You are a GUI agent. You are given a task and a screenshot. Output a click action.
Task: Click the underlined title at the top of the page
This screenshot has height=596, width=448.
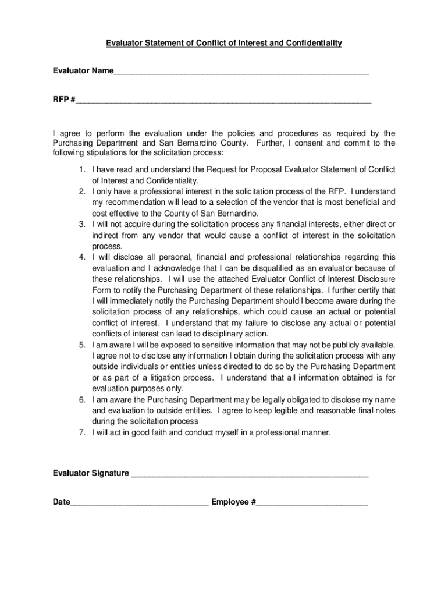click(x=223, y=43)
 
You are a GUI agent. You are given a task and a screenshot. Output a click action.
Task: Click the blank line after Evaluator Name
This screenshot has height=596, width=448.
click(x=241, y=73)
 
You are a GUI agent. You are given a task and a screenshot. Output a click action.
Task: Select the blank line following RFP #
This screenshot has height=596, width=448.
click(x=223, y=101)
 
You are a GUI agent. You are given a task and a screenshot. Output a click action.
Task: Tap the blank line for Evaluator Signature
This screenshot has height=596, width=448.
click(x=250, y=475)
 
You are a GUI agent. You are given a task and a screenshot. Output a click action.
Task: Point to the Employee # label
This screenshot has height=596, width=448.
click(x=233, y=502)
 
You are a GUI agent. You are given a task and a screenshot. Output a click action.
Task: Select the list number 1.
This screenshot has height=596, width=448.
click(x=82, y=169)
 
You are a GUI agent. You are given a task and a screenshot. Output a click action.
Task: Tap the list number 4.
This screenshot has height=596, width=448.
click(x=82, y=257)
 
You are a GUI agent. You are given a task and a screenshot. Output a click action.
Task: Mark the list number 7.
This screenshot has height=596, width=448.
click(x=82, y=432)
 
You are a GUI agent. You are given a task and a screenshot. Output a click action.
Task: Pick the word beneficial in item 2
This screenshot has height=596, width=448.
click(x=360, y=203)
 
